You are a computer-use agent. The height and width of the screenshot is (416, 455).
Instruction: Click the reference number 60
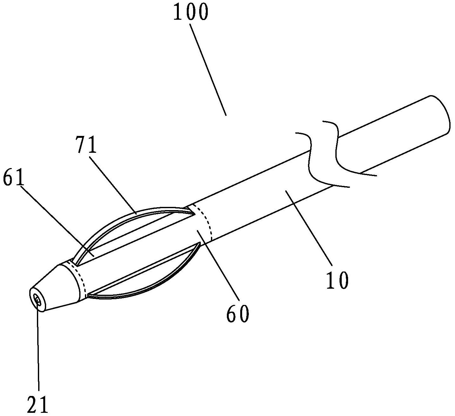tap(238, 314)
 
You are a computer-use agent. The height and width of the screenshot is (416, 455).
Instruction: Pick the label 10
tap(337, 280)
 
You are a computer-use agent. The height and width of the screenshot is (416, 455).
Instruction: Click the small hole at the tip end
tap(38, 301)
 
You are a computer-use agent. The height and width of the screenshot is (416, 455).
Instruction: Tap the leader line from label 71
tap(113, 185)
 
